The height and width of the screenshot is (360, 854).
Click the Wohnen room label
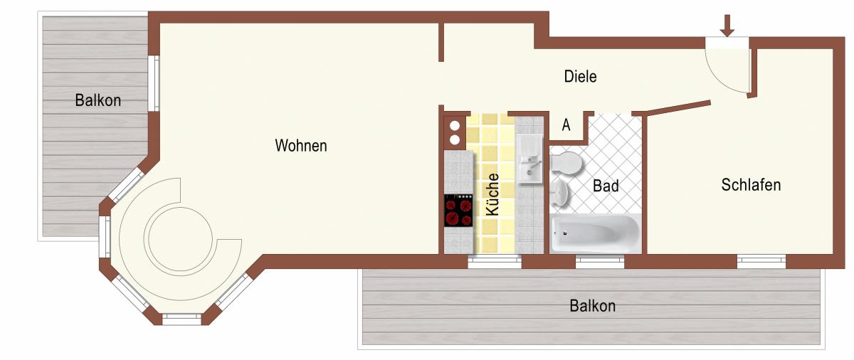[x=301, y=146]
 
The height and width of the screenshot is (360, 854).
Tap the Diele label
[x=580, y=76]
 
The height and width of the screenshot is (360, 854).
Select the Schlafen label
[x=751, y=185]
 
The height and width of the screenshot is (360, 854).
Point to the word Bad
[x=606, y=186]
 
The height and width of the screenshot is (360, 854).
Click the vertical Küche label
[x=492, y=194]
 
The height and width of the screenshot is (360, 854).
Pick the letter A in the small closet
[x=566, y=125]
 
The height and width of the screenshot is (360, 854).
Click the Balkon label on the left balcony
[x=98, y=100]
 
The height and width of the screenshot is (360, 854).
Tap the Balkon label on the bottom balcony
[x=592, y=305]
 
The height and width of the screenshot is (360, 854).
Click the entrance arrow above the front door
[x=727, y=26]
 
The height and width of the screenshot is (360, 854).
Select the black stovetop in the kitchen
[x=458, y=211]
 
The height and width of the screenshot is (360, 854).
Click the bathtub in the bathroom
[x=596, y=233]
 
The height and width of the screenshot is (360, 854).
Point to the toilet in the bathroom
[x=566, y=164]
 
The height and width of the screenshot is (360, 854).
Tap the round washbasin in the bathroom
[x=559, y=193]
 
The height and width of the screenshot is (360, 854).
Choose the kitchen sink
[x=529, y=159]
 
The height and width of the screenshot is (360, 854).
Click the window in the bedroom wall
[x=761, y=261]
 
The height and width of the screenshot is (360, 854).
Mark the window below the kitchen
[x=495, y=261]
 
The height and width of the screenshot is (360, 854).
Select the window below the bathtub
[x=600, y=261]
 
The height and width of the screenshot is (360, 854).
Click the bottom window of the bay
[x=182, y=319]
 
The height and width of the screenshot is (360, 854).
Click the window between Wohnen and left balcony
[x=154, y=83]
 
